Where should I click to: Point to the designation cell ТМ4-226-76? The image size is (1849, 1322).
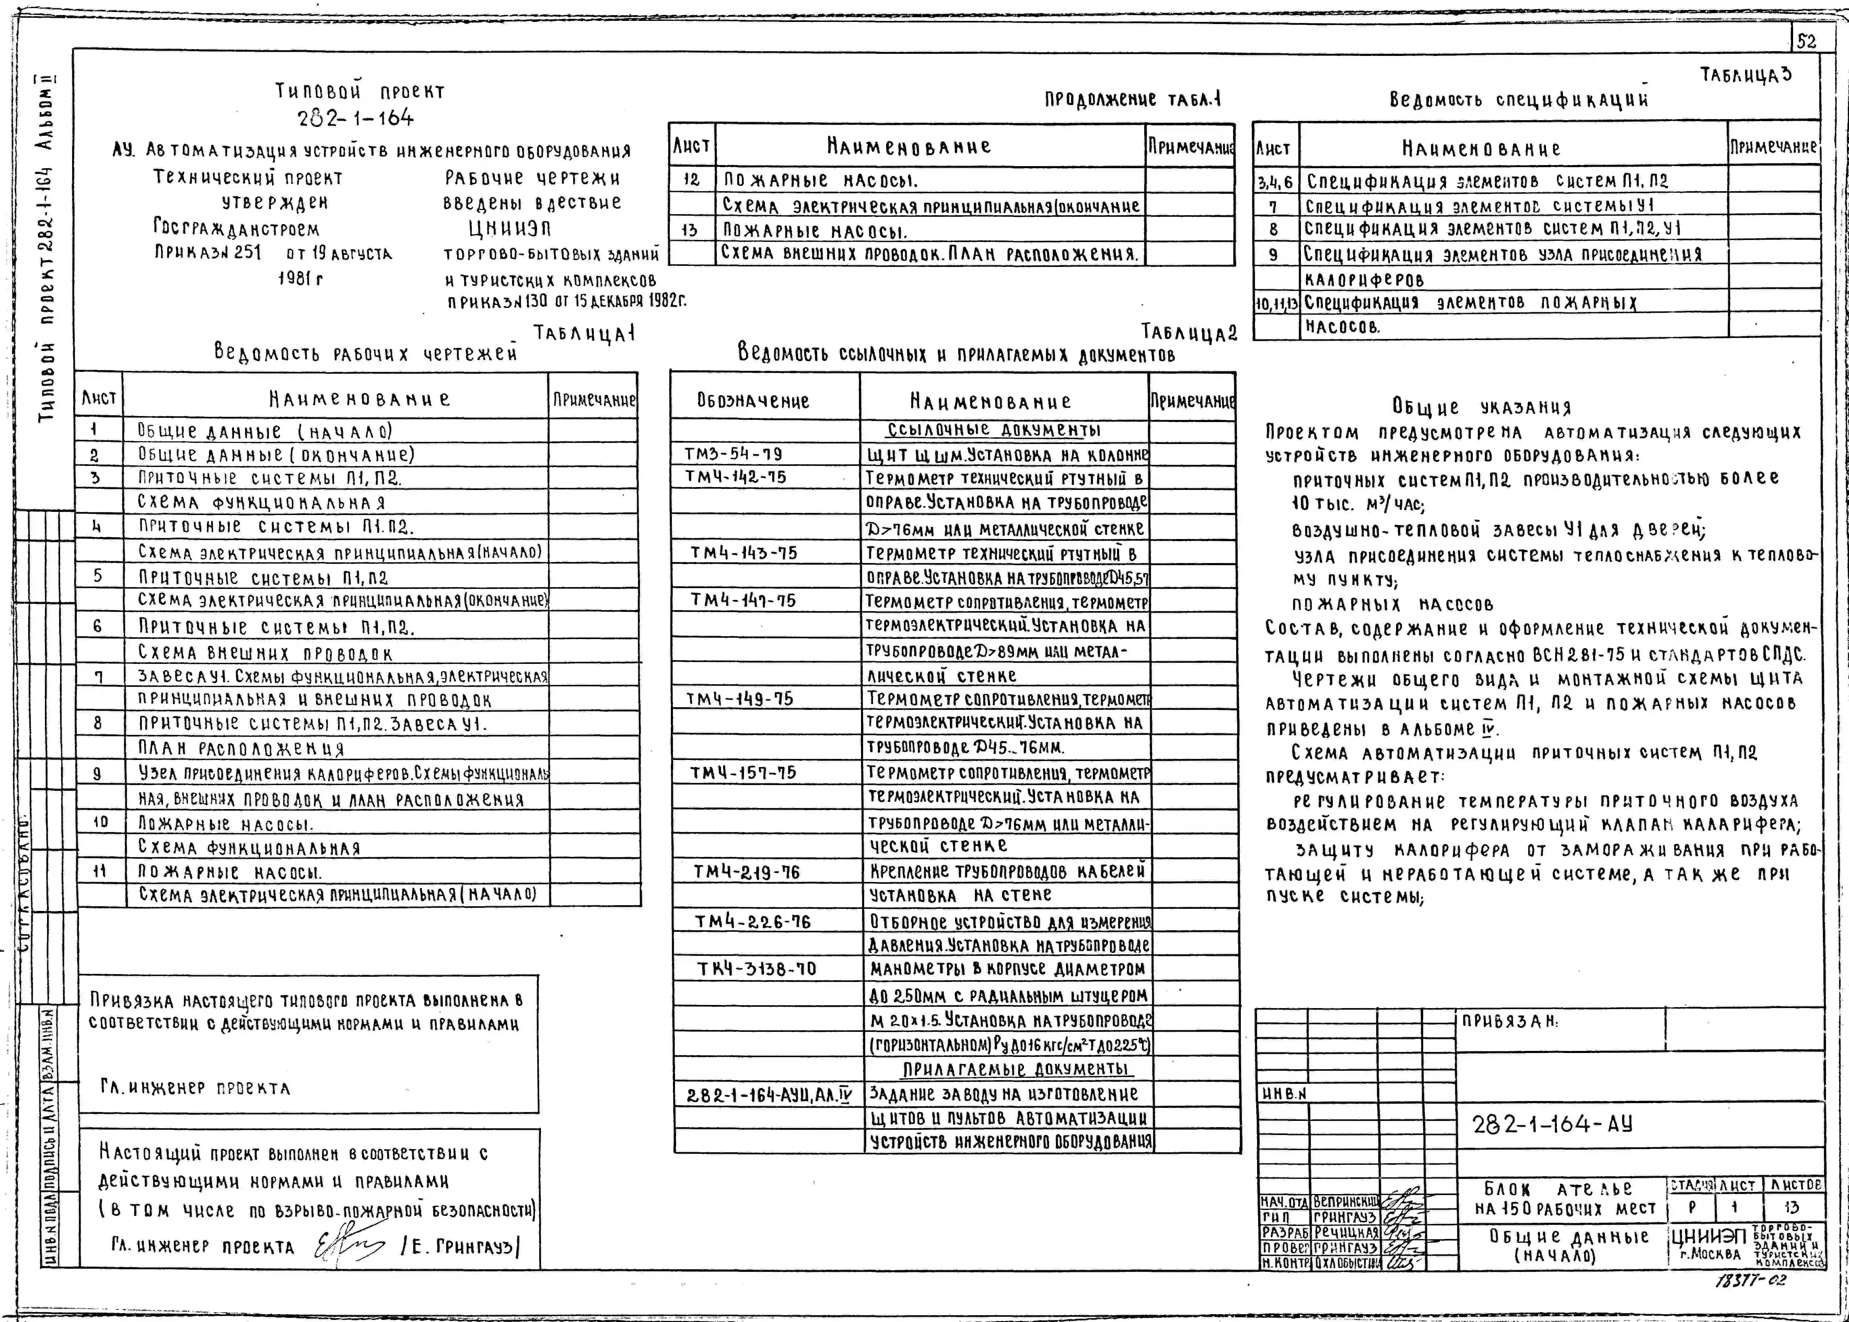pos(752,921)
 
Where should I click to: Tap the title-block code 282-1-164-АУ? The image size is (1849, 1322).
pos(1552,1124)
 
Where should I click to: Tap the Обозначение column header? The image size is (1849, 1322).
pos(753,401)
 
